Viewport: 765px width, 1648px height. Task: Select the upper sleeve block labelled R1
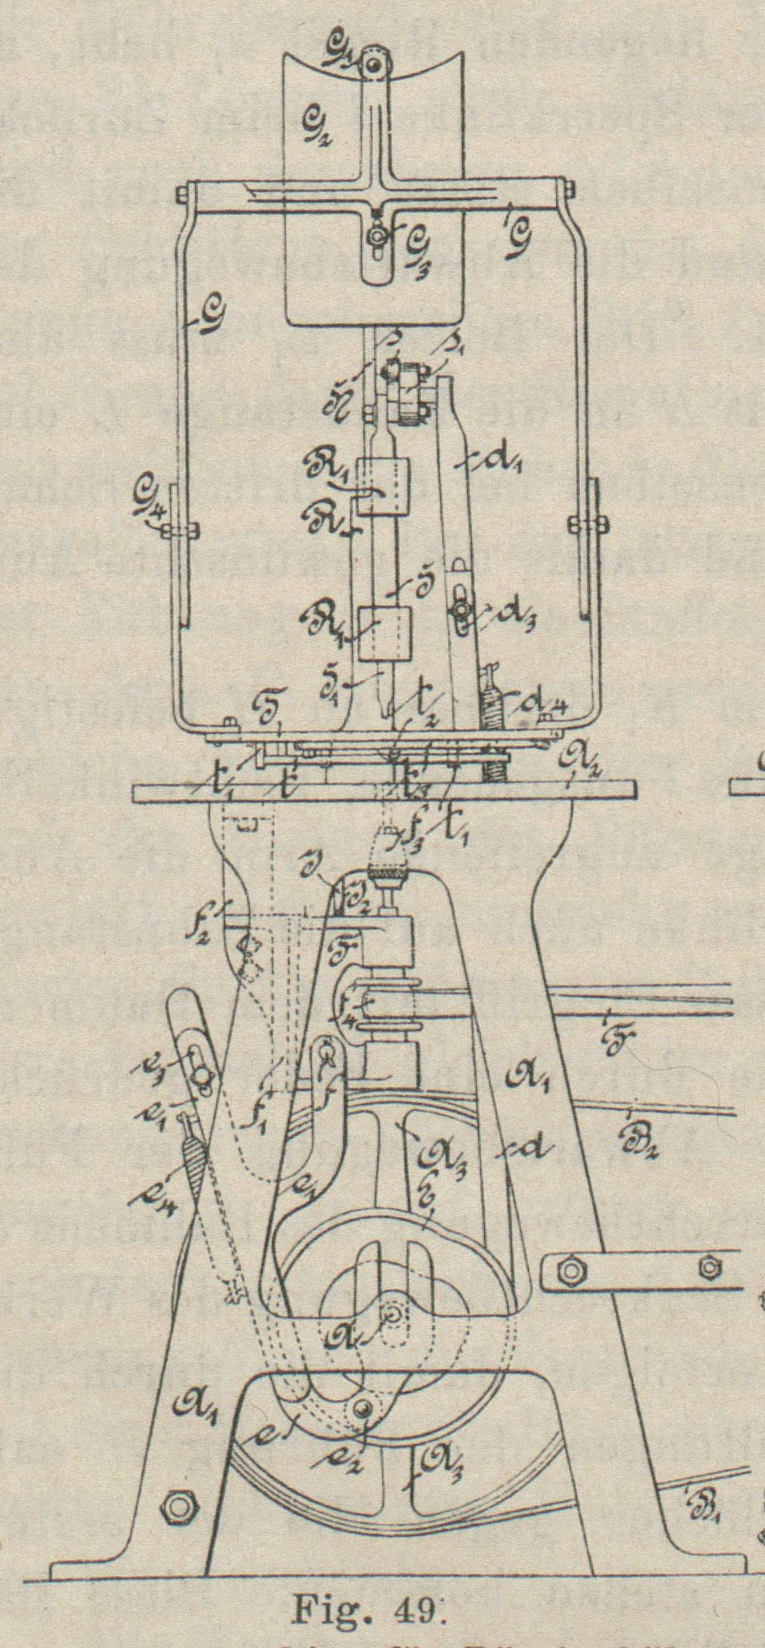382,487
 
